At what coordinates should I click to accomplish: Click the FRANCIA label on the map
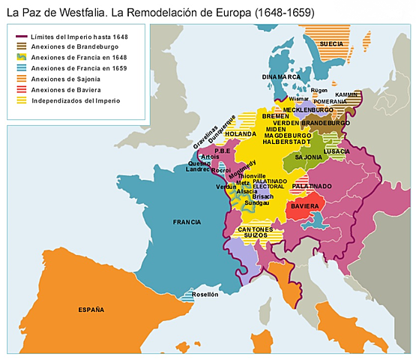tap(187, 222)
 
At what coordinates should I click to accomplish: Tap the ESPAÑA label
tap(91, 309)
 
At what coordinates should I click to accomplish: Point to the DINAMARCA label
tap(281, 76)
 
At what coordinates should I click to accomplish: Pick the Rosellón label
tap(205, 295)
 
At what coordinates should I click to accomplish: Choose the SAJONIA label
tap(308, 157)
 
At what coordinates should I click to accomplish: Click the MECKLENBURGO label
tap(308, 110)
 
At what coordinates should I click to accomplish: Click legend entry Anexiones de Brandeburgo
tap(69, 46)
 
